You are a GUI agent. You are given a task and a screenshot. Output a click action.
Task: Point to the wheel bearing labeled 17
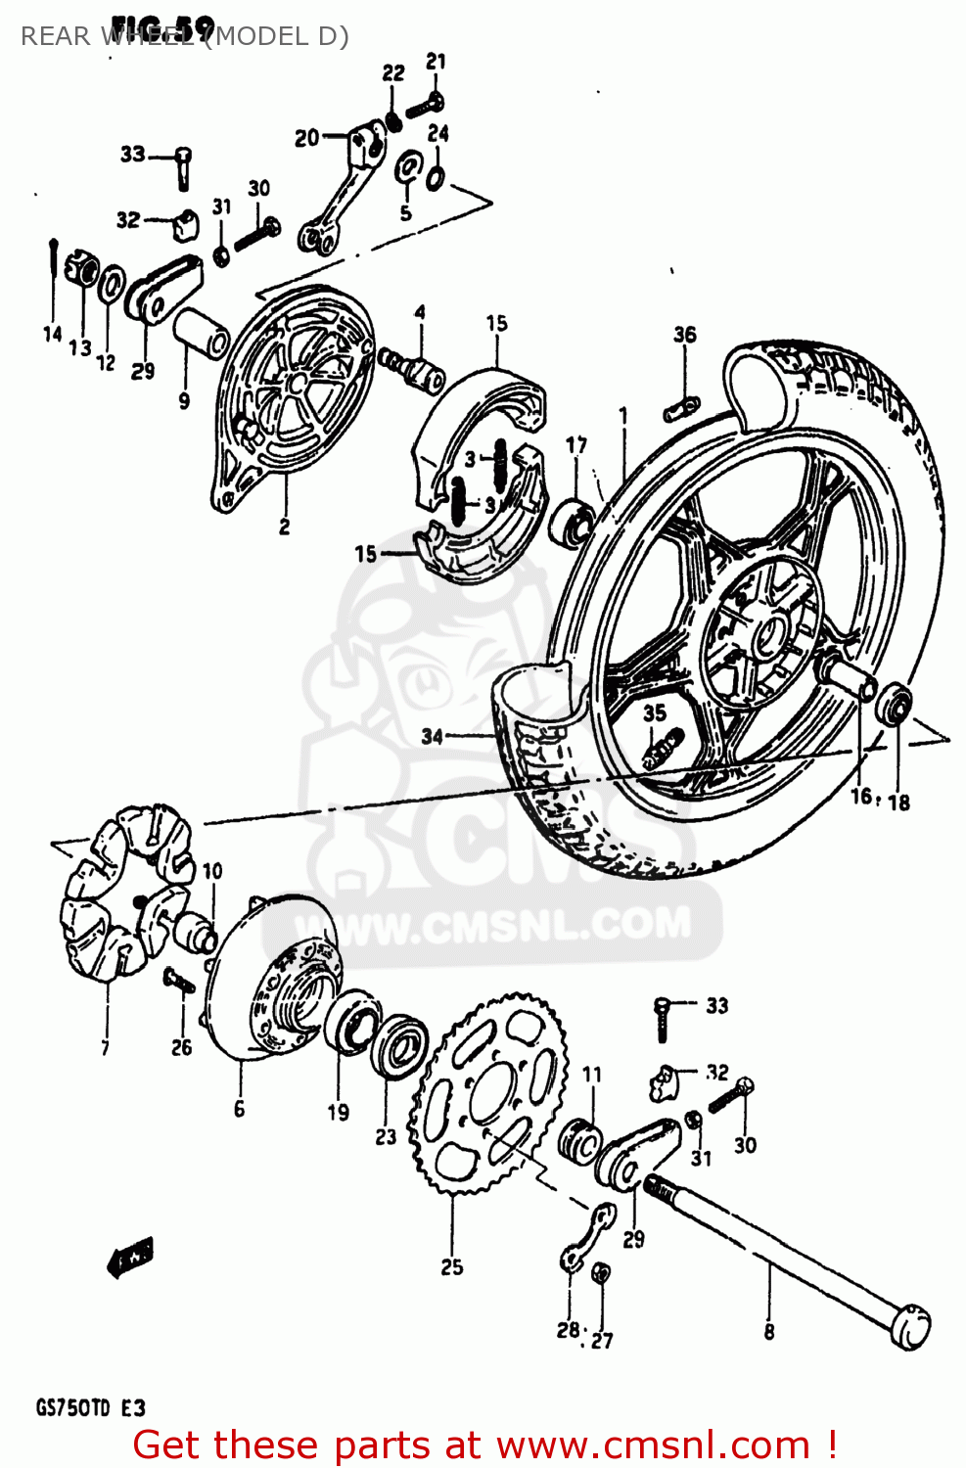[573, 519]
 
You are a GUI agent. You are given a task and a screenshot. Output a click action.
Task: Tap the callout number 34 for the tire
[432, 736]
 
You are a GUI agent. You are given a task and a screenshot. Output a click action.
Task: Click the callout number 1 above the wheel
[623, 416]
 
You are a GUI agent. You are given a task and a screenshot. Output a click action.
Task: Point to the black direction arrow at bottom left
[129, 1258]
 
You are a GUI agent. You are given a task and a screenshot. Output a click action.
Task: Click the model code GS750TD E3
[90, 1408]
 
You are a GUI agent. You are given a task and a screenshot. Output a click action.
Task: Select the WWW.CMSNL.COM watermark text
[519, 926]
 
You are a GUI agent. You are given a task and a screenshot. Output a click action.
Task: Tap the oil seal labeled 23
[400, 1046]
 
